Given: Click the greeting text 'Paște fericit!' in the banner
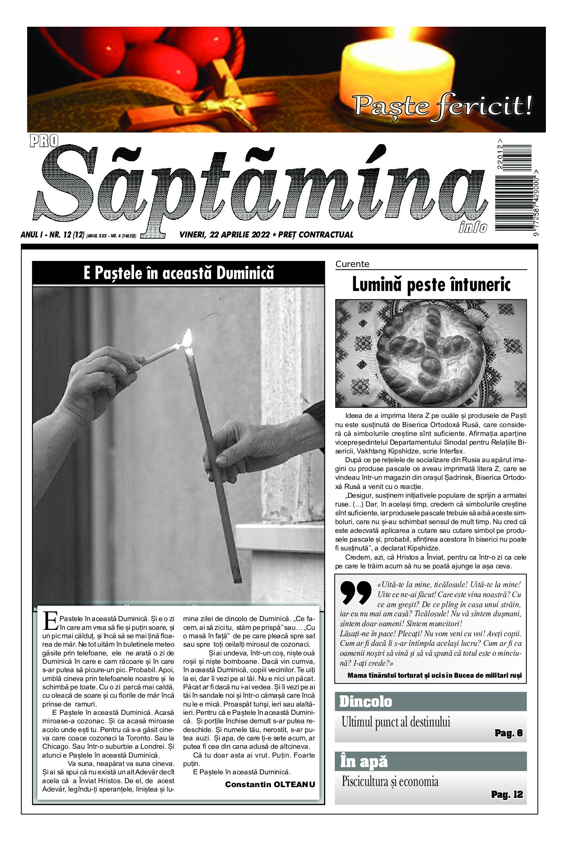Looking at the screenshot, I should pyautogui.click(x=443, y=105).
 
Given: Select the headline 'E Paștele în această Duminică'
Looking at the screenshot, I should pyautogui.click(x=178, y=273).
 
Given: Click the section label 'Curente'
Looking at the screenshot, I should pyautogui.click(x=352, y=264).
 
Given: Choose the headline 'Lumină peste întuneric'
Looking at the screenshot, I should pyautogui.click(x=431, y=285).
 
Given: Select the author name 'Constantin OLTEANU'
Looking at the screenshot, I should pyautogui.click(x=270, y=784).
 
